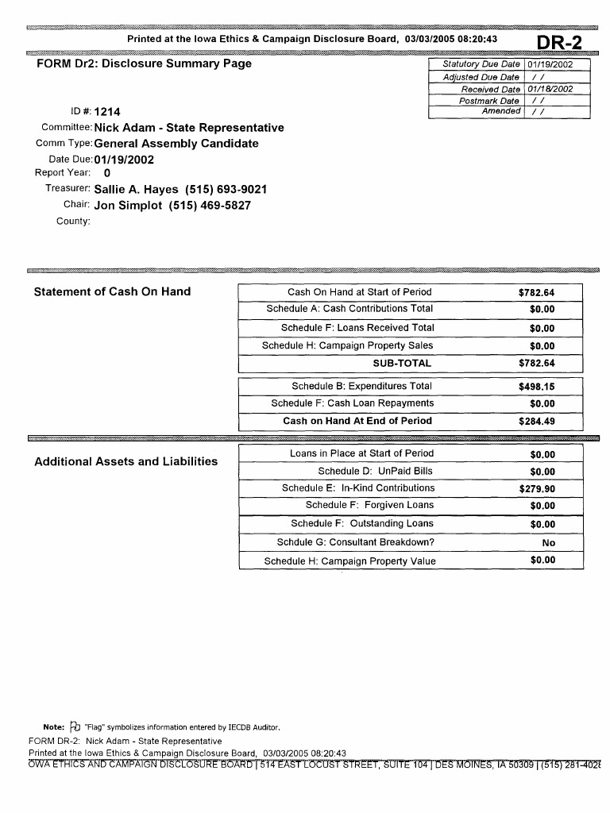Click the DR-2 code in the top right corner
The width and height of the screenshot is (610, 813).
pos(560,43)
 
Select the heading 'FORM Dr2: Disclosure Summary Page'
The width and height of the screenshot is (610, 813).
pos(144,64)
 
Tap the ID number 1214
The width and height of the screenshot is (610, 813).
pos(106,112)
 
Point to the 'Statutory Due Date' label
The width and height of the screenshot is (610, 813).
pos(481,64)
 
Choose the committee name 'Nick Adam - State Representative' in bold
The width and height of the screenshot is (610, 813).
pos(188,128)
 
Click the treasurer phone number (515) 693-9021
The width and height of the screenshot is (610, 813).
pos(226,190)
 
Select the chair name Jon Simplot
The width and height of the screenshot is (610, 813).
pos(129,206)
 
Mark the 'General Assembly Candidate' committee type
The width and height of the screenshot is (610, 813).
pos(176,144)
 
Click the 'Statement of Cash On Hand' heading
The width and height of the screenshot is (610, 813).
pos(112,291)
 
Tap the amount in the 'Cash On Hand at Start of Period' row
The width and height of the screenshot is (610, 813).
pos(536,293)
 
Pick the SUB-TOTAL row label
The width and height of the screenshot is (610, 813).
pos(402,364)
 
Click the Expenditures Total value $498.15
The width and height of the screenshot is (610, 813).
pos(536,387)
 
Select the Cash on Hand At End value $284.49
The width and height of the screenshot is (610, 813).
pos(536,422)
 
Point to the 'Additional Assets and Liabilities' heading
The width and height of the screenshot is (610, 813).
pos(125,461)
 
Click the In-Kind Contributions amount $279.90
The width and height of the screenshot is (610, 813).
pos(537,489)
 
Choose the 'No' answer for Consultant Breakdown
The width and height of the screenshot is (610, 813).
pos(548,543)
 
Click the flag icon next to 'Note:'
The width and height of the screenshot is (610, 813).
pos(75,726)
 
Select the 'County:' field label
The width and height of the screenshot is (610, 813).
pos(73,221)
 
